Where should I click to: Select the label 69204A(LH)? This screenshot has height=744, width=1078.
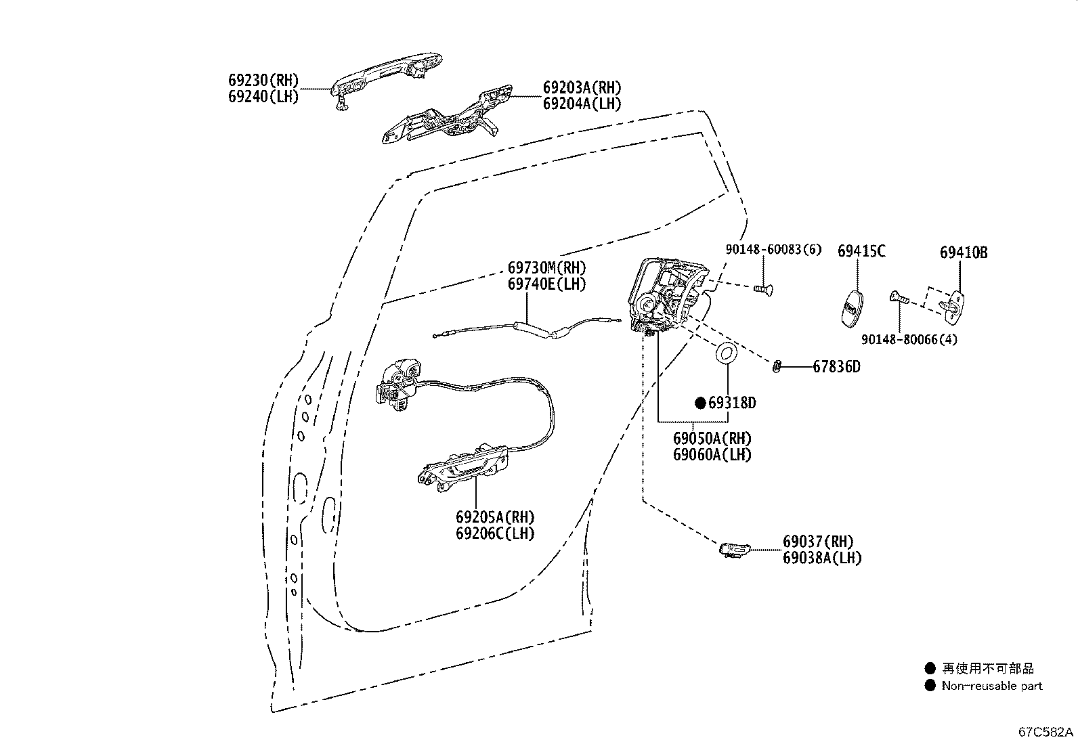coord(582,104)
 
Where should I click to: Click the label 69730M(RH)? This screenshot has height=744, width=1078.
coord(546,267)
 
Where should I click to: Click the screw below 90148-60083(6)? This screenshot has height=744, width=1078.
coord(763,289)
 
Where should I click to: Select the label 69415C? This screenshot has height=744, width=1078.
coord(861,251)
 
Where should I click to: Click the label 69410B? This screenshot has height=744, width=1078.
coord(963,253)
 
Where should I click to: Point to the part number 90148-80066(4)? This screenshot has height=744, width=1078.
coord(909,339)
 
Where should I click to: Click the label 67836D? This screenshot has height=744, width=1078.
coord(836,367)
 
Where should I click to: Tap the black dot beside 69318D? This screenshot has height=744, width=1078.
coord(701,403)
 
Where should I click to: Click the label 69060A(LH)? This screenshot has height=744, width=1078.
coord(712,455)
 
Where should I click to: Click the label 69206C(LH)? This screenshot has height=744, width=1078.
coord(494,533)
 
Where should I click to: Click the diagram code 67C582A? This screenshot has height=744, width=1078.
coord(1046,732)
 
